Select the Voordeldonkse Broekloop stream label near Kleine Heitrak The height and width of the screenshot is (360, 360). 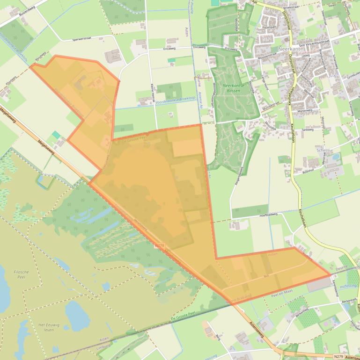pyautogui.click(x=162, y=101)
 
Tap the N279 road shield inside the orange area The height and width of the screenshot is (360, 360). pyautogui.click(x=160, y=245)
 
